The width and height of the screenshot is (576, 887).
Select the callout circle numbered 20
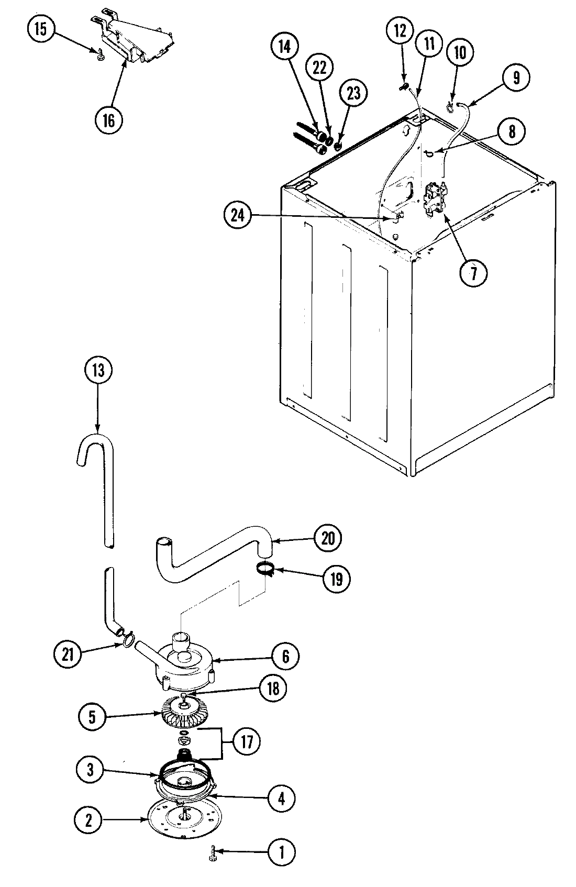(328, 538)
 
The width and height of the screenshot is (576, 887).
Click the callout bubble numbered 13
(98, 371)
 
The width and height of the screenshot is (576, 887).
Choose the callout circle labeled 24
(238, 216)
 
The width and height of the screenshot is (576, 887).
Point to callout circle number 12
(400, 31)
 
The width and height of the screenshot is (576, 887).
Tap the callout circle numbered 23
(354, 93)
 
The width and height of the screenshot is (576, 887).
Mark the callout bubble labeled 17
(246, 741)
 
